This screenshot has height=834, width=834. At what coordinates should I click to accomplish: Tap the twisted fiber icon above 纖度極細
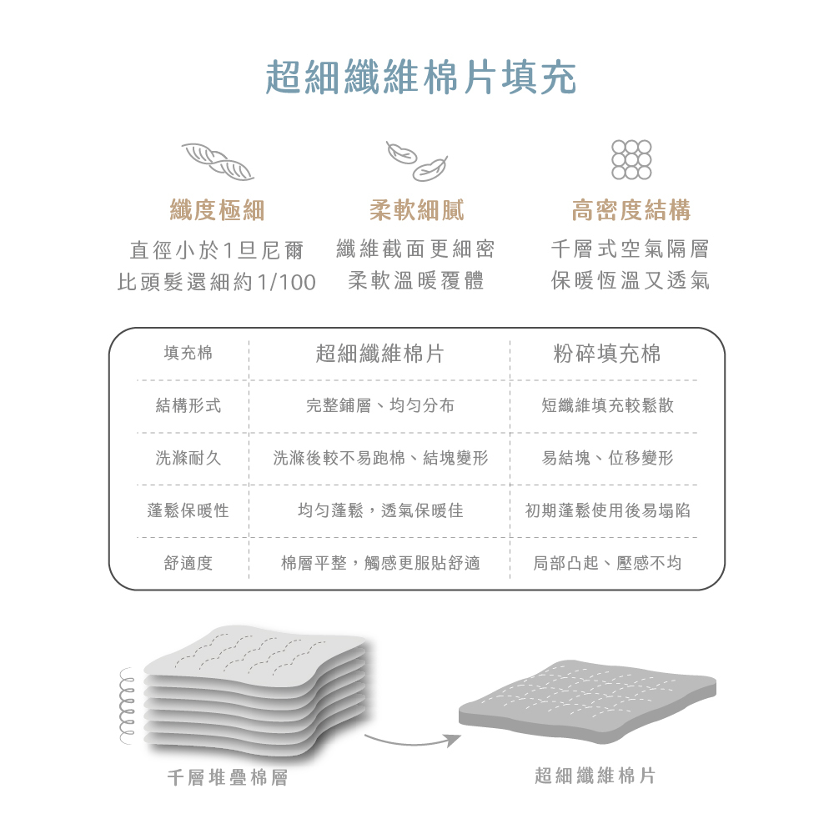[x=218, y=162]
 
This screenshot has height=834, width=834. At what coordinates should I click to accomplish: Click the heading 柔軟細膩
[x=416, y=210]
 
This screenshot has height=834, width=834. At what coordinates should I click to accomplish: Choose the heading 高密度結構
[x=631, y=210]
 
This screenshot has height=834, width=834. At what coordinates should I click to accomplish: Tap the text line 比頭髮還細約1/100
[x=217, y=282]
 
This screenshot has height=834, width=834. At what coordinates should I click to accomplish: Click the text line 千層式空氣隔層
[x=631, y=249]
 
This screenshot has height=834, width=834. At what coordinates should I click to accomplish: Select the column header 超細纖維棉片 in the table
[x=379, y=354]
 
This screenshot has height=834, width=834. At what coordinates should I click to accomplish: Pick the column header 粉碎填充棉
[x=606, y=354]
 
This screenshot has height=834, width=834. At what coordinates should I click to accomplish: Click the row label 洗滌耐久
[x=188, y=458]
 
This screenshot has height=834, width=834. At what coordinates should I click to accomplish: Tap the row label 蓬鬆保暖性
[x=188, y=510]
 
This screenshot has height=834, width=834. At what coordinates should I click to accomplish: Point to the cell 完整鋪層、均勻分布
[x=379, y=406]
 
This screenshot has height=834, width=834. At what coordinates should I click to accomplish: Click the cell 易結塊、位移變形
[x=607, y=458]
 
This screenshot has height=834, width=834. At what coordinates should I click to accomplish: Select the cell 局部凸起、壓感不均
[x=607, y=564]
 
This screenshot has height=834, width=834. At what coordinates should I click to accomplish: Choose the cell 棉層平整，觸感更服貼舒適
[x=379, y=564]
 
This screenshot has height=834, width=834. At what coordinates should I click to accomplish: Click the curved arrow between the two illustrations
[x=412, y=739]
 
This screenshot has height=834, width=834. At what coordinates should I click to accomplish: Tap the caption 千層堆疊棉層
[x=227, y=778]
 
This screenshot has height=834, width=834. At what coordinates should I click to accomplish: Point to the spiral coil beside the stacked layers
[x=128, y=705]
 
